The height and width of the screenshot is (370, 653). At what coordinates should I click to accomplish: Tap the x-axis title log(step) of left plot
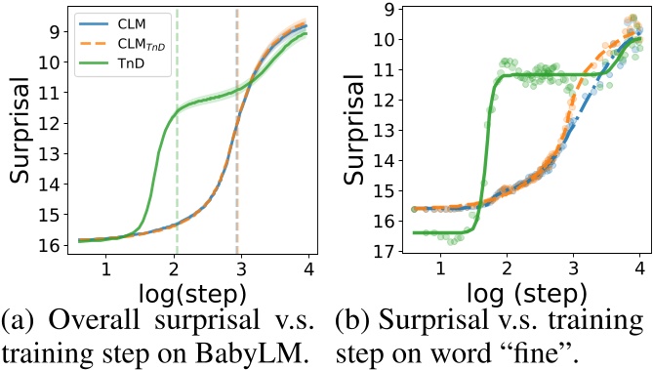(182, 292)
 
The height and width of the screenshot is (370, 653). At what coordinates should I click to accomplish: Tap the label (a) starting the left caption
(20, 321)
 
